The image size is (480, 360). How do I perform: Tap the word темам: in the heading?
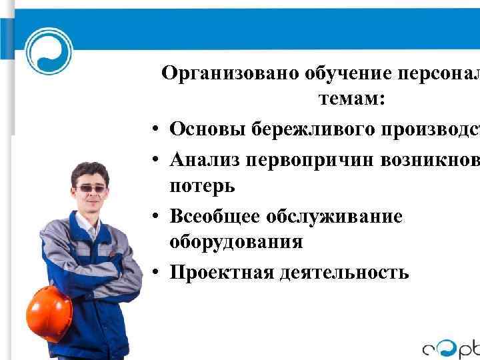351,100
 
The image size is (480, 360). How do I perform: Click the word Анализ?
205,158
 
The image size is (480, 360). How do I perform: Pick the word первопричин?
310,158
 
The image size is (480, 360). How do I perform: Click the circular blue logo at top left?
49,51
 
